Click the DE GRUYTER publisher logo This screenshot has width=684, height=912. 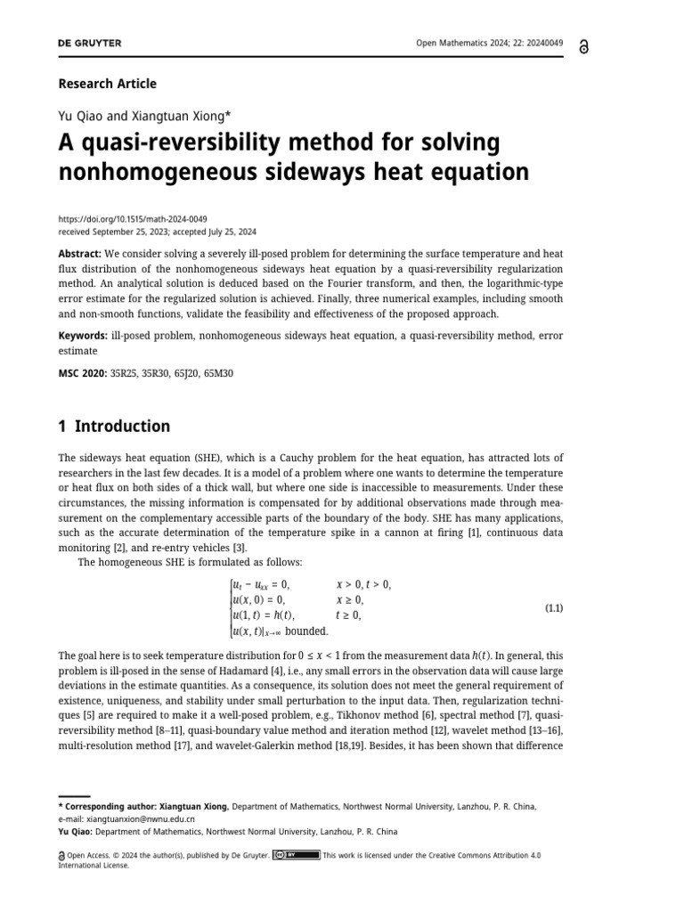click(90, 43)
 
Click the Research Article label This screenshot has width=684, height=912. click(107, 84)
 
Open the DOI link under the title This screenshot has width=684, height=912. click(133, 217)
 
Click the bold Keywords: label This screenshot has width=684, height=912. click(84, 335)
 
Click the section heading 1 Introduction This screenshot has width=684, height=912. click(114, 426)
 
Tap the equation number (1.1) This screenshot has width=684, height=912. click(554, 608)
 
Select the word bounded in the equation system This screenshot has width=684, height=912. click(306, 631)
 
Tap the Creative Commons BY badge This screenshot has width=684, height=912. click(296, 855)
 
